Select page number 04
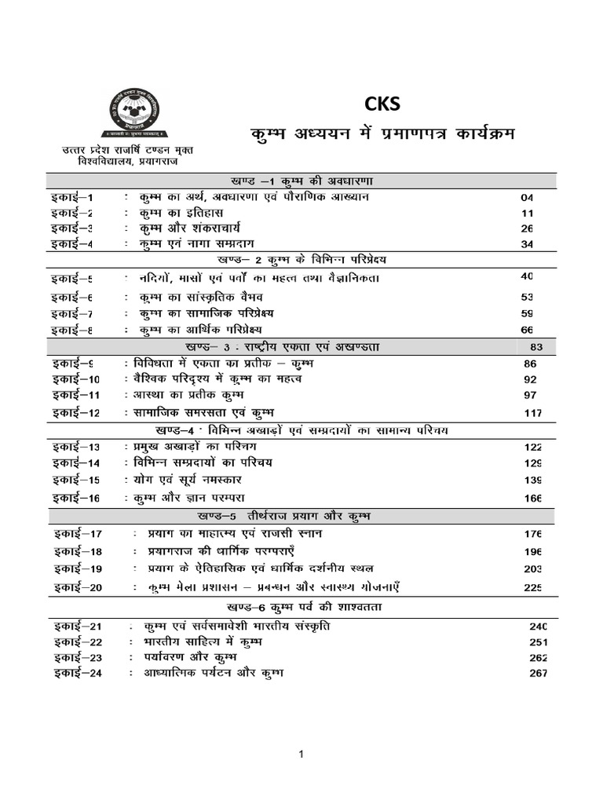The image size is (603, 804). pos(527,198)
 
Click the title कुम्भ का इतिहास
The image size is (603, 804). pos(181,213)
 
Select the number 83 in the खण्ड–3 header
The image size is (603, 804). pos(537,347)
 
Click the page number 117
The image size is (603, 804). pos(534,413)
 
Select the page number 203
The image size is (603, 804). pos(534,568)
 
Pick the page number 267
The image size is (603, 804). pos(537,674)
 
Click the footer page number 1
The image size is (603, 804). pos(300,755)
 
